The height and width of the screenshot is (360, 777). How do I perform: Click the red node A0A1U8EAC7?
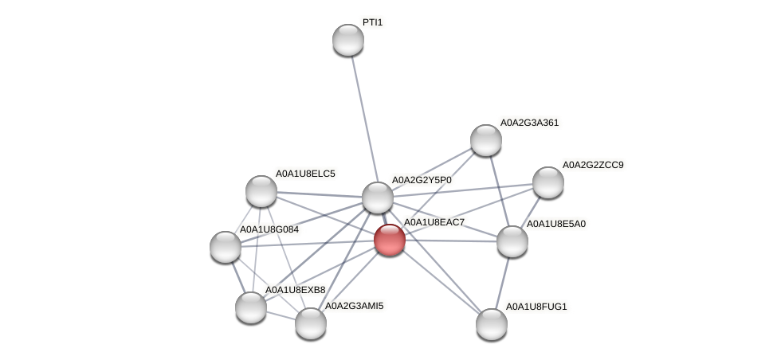coord(390,239)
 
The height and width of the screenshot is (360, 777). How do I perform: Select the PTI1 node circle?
coord(348,40)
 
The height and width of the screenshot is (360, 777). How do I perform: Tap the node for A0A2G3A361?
coord(486,140)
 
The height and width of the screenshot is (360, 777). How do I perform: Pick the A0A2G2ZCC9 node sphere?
coord(548,182)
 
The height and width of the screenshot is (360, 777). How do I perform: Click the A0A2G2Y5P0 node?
coord(378,198)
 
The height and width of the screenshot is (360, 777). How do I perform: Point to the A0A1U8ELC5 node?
coord(261,191)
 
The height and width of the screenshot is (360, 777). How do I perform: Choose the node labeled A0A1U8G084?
coord(226,247)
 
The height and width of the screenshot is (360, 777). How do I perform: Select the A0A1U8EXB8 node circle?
coord(251,307)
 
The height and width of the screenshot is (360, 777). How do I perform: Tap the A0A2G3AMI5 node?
coord(311,323)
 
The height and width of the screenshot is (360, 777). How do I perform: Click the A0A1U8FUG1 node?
coord(492,324)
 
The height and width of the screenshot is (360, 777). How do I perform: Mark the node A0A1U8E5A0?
coord(512,241)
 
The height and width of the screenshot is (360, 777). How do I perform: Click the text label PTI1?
coord(372,22)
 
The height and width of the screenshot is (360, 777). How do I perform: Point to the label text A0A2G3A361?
coord(529,123)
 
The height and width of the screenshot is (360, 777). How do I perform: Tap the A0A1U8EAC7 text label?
coord(434,222)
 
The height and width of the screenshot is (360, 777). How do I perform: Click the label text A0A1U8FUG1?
coord(536,307)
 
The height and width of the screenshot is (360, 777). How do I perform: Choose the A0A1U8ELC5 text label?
coord(305,173)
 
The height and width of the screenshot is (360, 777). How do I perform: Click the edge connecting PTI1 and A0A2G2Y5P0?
coord(363,118)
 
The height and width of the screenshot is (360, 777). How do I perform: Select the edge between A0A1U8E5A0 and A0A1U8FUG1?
coord(502,283)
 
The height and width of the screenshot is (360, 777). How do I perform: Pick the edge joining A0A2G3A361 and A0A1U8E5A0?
coord(499,190)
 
